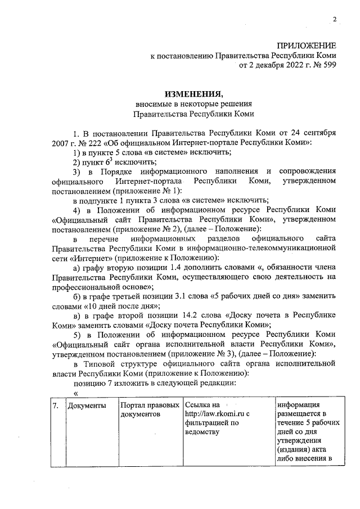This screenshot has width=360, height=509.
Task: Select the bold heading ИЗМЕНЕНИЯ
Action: coord(193,93)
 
